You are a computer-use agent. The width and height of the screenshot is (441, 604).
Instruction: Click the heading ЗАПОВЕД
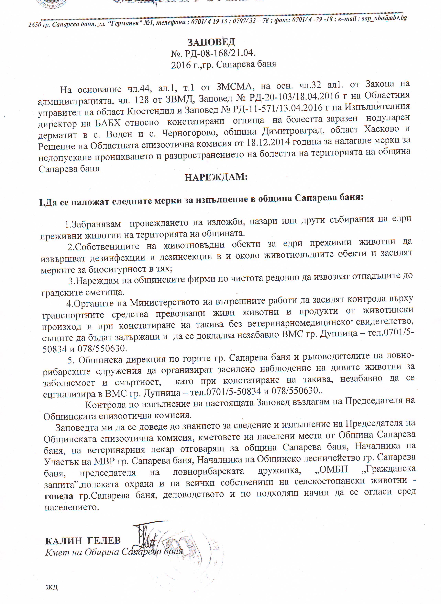coord(211,42)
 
